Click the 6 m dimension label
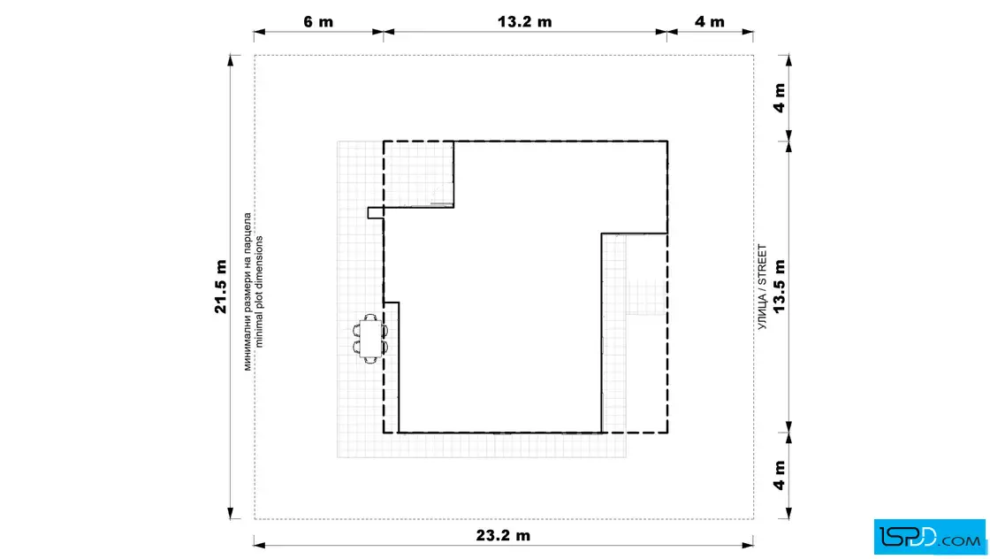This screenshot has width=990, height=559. point(318,21)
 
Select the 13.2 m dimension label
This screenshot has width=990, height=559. point(525,21)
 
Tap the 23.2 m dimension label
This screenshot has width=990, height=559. point(503,535)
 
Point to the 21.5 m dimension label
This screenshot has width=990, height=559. point(220,286)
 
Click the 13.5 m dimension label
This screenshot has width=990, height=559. point(779,286)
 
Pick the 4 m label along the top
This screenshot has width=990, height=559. point(710,21)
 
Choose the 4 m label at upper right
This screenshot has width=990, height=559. point(779,98)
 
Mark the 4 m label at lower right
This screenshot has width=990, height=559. point(779,475)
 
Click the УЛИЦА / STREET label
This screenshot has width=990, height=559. point(762,287)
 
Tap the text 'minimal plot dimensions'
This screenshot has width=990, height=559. point(259,292)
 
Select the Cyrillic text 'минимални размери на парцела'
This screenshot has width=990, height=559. point(247,291)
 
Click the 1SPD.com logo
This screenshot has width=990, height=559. point(929,537)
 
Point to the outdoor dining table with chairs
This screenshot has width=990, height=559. point(370,339)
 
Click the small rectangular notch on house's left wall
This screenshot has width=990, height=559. point(376,213)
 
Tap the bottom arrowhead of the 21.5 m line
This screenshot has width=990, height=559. point(231,513)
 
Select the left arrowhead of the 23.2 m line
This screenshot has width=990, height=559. point(260,544)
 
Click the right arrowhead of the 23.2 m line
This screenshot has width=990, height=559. point(747,544)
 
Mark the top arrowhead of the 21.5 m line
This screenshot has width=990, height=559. point(231,61)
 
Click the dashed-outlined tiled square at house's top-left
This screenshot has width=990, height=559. point(419,173)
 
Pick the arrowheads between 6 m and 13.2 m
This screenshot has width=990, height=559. point(384,32)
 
